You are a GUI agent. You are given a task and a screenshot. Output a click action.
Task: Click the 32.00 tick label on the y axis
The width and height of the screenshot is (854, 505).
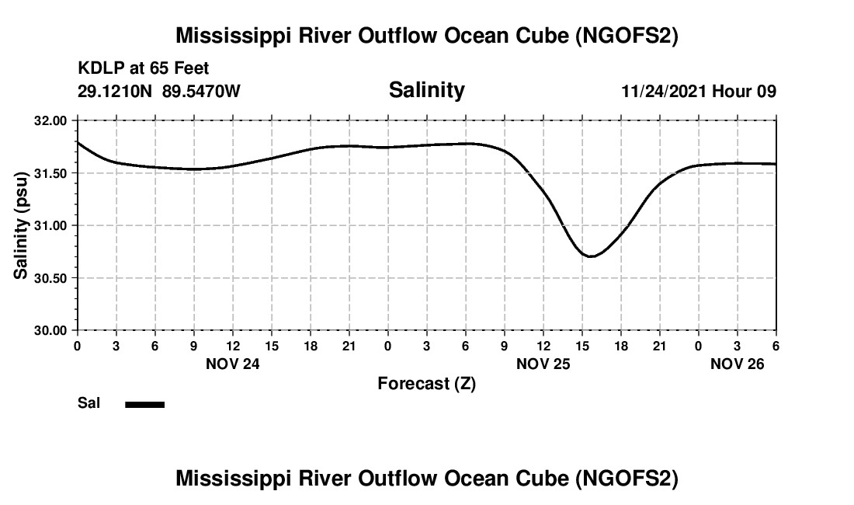point(52,121)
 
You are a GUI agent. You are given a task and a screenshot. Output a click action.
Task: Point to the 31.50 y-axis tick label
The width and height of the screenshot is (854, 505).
point(52,173)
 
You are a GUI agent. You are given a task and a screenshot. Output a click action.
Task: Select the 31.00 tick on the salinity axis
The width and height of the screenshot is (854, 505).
point(52,225)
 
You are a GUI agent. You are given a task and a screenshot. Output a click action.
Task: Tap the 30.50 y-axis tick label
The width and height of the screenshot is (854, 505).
point(52,278)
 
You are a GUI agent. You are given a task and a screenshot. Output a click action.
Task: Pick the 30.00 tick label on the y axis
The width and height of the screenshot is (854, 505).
point(52,330)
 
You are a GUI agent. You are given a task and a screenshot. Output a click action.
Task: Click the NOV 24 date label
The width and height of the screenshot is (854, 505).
point(232,364)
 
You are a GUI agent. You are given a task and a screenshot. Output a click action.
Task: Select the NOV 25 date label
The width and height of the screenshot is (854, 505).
point(543,364)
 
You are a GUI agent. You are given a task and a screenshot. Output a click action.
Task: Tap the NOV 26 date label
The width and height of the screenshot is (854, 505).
point(738,364)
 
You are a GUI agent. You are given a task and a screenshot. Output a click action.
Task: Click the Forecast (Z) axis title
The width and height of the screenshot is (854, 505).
point(426,384)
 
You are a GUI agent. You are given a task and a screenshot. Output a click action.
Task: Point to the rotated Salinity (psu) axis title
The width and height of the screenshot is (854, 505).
point(22,225)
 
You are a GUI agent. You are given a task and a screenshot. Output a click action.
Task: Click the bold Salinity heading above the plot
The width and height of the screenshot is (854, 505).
point(426,90)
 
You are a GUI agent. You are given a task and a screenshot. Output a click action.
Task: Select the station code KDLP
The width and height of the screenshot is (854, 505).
point(97,69)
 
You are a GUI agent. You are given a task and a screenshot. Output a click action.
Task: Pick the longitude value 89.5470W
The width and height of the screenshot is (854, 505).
point(201,91)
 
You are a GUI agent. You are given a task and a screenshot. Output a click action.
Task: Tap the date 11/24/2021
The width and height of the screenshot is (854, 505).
point(664,91)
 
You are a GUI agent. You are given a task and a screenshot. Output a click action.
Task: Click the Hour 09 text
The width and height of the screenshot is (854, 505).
point(745,91)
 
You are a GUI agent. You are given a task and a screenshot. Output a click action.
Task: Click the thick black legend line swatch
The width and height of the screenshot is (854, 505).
point(145,404)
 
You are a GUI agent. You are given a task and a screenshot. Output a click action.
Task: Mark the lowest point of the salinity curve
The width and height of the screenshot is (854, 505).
point(591,256)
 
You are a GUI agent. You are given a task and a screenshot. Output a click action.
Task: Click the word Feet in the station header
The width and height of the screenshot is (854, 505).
point(191,69)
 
